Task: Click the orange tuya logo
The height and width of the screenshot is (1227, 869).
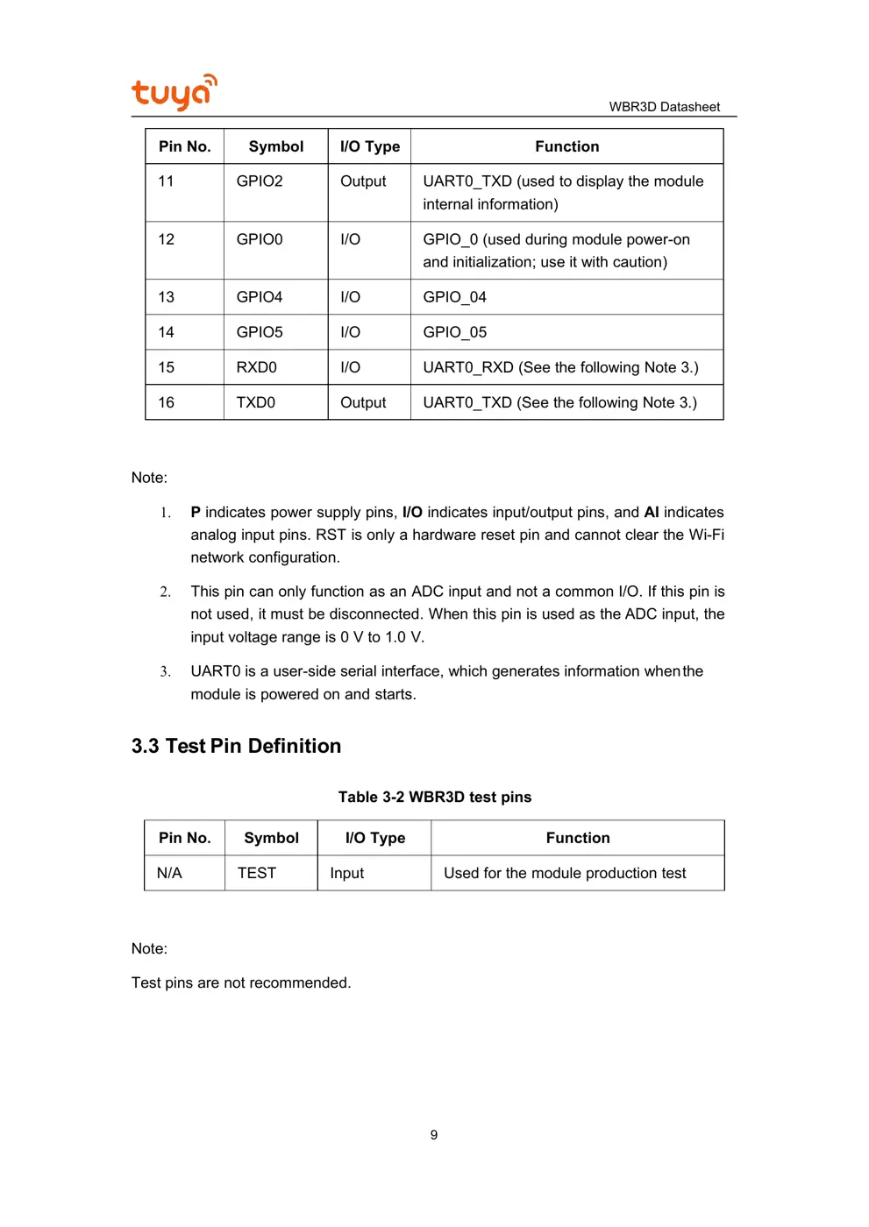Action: (x=174, y=92)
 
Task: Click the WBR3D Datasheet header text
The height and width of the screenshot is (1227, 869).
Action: (x=664, y=107)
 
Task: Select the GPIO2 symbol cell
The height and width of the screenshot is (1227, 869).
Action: (x=260, y=181)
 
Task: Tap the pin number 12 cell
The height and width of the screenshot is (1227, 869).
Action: (x=167, y=239)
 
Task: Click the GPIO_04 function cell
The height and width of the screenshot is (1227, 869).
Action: (x=454, y=297)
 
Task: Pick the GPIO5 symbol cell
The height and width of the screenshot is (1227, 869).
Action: (x=260, y=332)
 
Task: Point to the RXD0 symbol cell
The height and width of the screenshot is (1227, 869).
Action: (x=256, y=367)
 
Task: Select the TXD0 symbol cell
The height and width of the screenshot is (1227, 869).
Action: (x=255, y=402)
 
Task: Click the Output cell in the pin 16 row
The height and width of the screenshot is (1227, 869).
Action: (x=363, y=402)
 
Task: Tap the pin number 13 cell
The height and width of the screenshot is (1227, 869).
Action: (x=167, y=297)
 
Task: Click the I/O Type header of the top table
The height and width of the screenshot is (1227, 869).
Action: (x=369, y=146)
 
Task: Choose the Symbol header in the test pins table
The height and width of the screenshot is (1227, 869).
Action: (x=271, y=838)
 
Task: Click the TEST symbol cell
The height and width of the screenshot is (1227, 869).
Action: (x=256, y=873)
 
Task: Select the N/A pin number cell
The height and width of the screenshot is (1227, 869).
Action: (x=169, y=873)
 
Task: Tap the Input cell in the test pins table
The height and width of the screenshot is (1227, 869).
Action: (x=346, y=873)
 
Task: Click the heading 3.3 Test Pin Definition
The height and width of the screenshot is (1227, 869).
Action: (x=236, y=746)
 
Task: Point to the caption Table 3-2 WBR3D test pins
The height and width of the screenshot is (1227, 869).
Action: (x=434, y=797)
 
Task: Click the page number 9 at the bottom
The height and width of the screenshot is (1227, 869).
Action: (x=433, y=1135)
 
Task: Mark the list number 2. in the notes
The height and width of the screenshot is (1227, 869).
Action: (x=165, y=592)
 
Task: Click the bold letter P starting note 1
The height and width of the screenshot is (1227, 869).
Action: (x=196, y=513)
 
